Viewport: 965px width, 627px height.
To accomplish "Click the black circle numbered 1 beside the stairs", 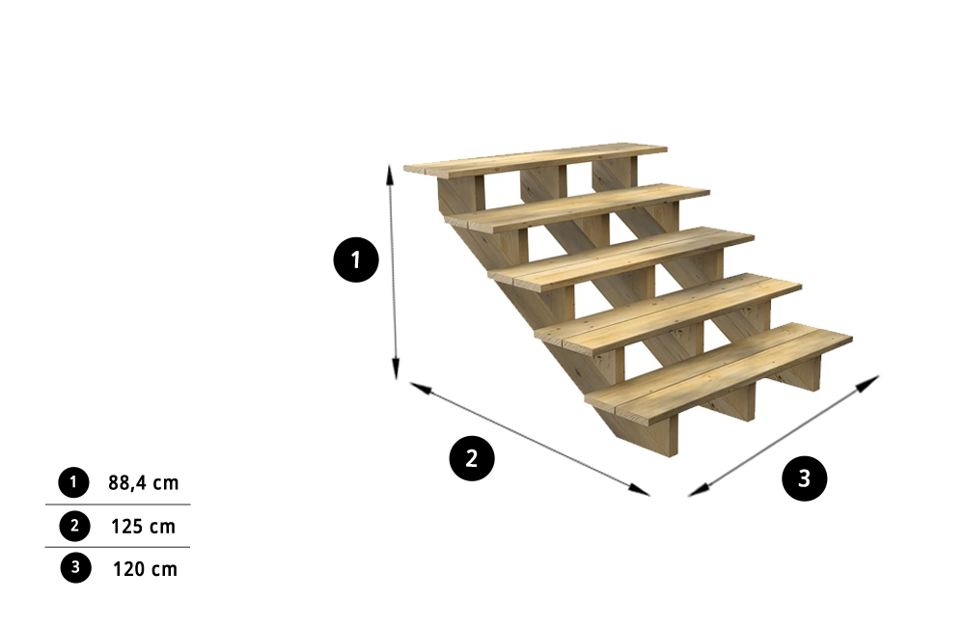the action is tap(356, 259).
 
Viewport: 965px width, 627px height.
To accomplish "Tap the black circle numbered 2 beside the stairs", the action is tap(472, 458).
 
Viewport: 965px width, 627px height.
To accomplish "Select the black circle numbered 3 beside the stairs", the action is tap(804, 478).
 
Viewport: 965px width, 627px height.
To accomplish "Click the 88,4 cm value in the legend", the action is tap(144, 483).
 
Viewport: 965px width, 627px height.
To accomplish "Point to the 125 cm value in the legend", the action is tap(144, 527).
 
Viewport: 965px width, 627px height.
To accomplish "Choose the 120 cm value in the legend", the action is tap(145, 569).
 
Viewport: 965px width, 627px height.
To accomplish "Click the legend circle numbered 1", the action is tap(74, 482).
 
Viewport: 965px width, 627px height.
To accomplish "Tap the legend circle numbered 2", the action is tap(74, 526).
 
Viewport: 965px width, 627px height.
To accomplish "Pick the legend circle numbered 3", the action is tap(75, 567).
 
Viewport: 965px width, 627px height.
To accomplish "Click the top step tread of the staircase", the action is tap(536, 160).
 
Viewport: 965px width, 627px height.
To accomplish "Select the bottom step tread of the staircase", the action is tap(719, 372).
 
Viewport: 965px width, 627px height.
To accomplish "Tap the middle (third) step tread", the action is tap(621, 259).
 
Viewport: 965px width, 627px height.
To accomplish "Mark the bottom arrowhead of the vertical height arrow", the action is tap(396, 369).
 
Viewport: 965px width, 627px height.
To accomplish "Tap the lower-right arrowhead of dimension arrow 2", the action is tap(639, 490).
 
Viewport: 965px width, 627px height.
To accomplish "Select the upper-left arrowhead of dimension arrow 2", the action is tap(421, 388).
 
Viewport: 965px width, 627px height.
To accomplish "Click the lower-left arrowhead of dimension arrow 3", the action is tap(699, 490).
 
